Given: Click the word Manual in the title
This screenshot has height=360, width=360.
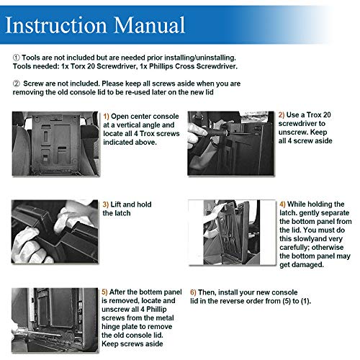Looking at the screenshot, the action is (149, 25).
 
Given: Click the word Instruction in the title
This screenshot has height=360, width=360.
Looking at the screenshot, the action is (55, 25).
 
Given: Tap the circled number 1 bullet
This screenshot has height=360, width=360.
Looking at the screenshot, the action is (16, 58).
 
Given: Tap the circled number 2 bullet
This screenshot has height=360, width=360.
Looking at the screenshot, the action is (16, 84).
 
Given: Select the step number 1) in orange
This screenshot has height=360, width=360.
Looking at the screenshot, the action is (106, 117).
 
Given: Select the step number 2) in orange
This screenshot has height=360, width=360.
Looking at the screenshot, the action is (282, 115).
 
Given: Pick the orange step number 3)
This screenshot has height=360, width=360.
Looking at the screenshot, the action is (106, 204).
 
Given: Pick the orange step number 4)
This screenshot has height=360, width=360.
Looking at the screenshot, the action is (282, 204).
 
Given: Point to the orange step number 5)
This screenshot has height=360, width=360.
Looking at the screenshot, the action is (104, 292).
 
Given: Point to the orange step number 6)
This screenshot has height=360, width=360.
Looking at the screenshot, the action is (193, 292).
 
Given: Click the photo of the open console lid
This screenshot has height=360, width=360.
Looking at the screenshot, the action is (55, 143).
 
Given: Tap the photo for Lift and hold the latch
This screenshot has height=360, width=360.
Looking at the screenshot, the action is (55, 231).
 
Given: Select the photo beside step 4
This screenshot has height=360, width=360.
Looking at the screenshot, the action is (232, 233).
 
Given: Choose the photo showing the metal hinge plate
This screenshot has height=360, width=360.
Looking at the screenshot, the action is (55, 320).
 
